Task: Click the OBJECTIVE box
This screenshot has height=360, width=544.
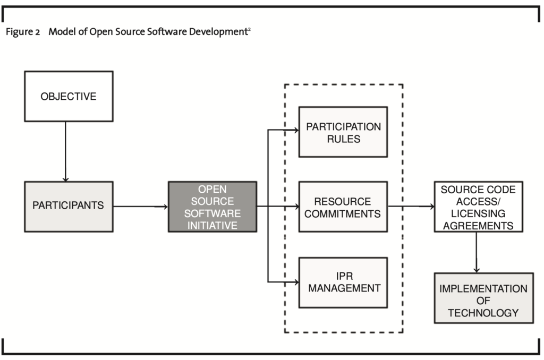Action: click(69, 97)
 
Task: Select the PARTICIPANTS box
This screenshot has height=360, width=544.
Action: click(69, 207)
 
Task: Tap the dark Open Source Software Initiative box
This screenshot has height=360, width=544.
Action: click(212, 207)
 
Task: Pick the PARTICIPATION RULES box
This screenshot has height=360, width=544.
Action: click(343, 132)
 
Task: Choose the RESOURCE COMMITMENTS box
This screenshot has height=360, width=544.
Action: click(343, 207)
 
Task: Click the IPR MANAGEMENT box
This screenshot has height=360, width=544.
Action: click(343, 282)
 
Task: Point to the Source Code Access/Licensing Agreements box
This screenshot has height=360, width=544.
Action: click(479, 207)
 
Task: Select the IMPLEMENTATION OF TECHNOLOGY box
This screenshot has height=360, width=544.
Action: click(483, 298)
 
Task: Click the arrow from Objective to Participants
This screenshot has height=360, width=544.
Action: click(65, 151)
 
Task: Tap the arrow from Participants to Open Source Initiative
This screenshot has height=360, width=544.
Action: click(140, 207)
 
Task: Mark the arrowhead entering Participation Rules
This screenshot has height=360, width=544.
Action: click(296, 131)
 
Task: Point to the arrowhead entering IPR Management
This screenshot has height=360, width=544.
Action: click(296, 282)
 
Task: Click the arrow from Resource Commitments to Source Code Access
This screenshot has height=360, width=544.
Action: click(411, 207)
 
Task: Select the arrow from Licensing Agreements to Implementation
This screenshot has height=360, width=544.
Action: click(477, 253)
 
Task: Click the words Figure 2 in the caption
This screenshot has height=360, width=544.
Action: click(23, 32)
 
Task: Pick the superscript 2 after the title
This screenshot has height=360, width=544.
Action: click(249, 29)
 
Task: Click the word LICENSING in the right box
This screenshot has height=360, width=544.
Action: click(478, 213)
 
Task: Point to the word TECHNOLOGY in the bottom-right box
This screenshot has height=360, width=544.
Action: click(483, 313)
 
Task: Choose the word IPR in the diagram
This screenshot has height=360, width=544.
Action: click(344, 276)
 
